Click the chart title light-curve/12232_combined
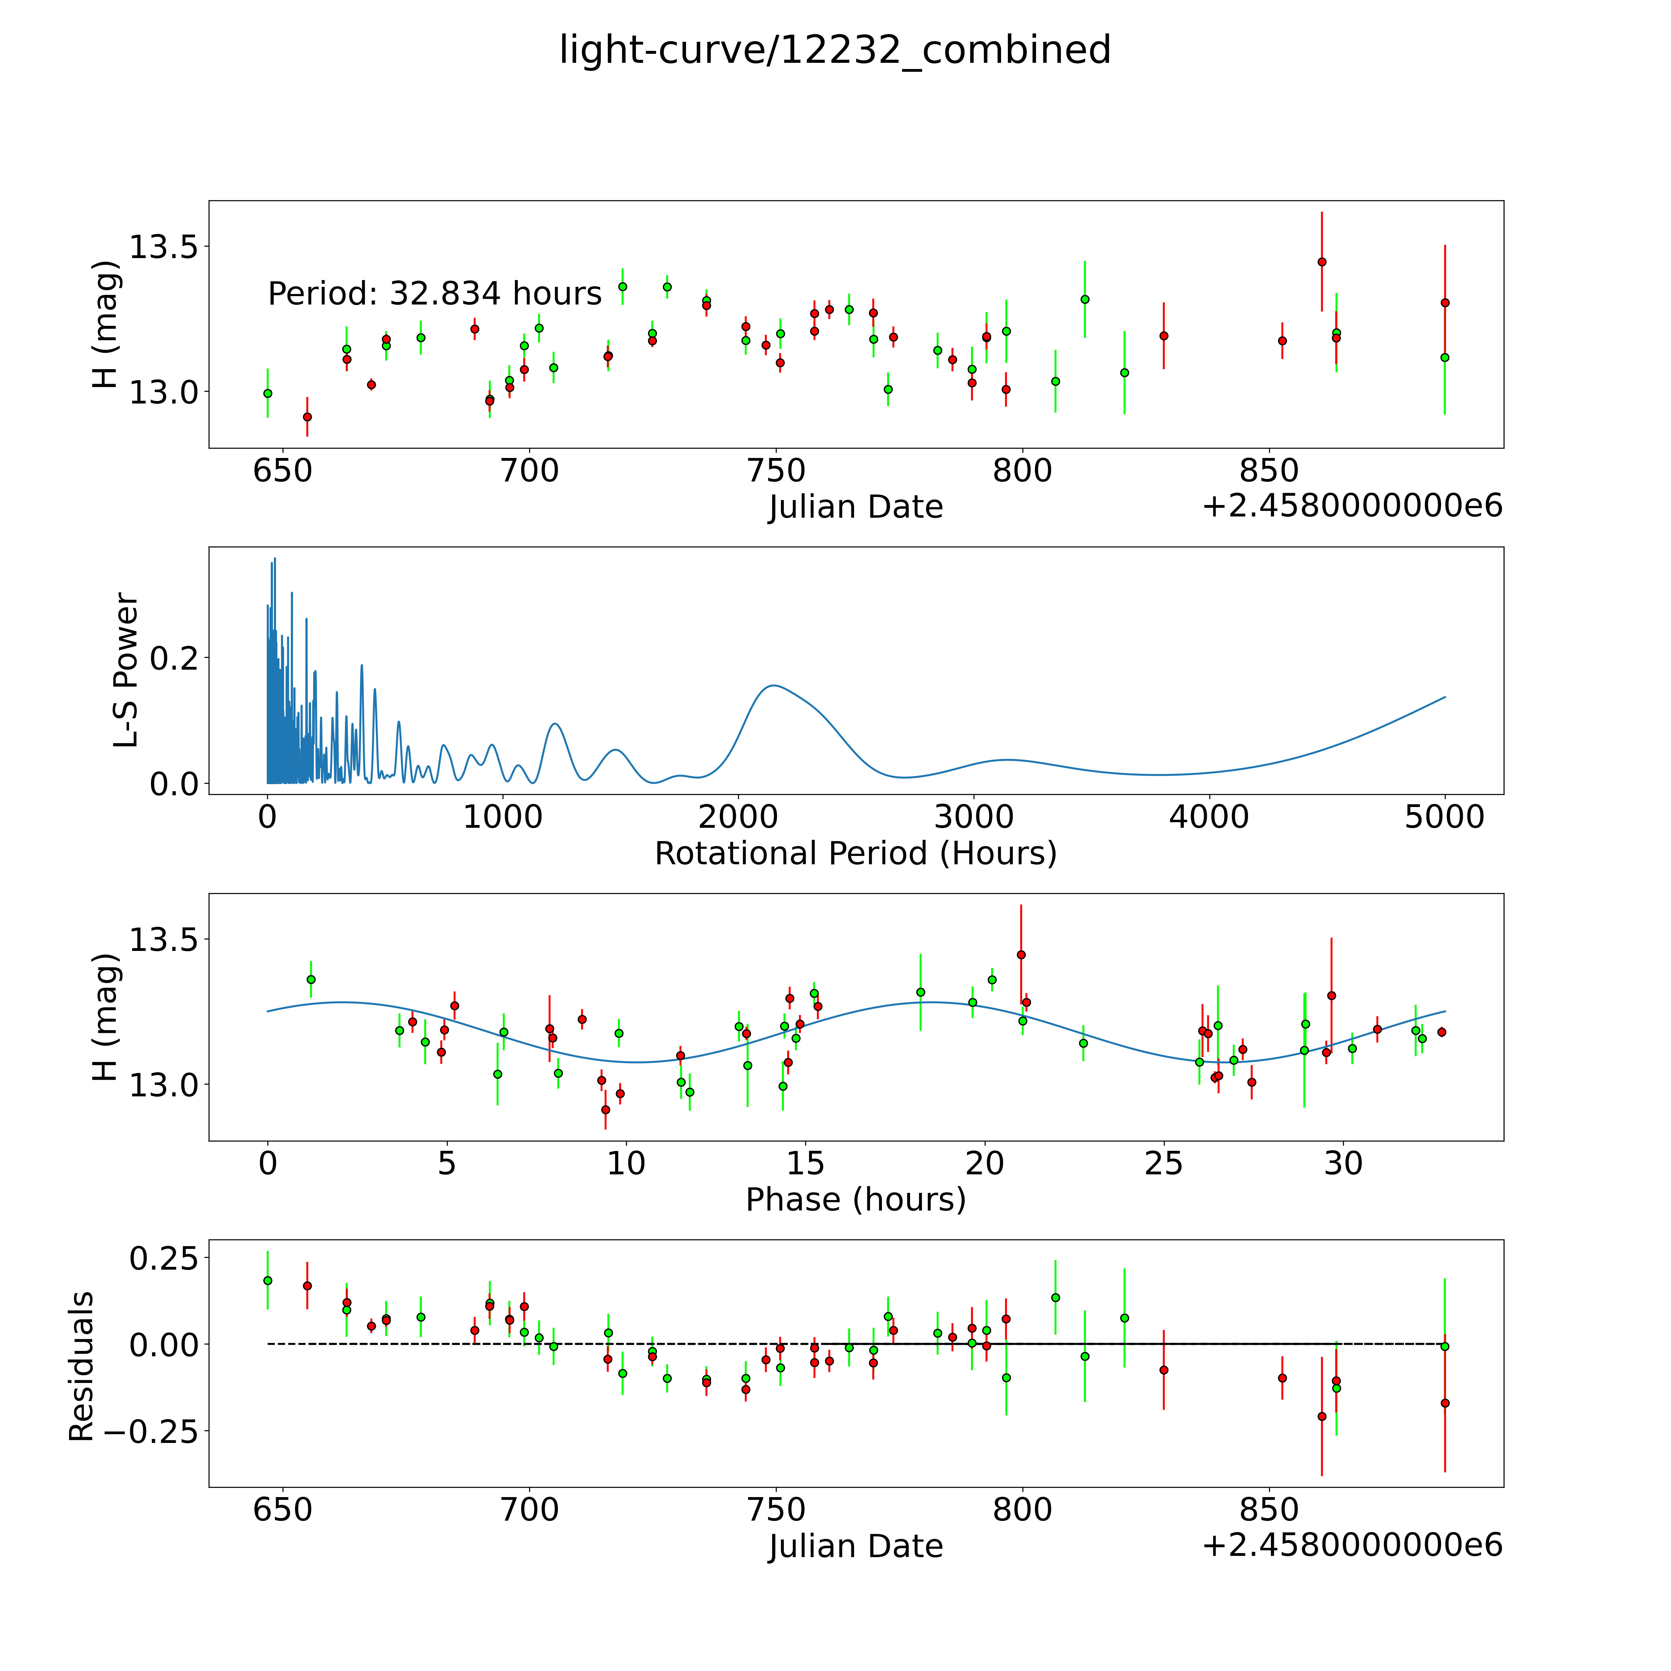click(x=835, y=50)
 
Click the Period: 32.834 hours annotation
click(x=434, y=294)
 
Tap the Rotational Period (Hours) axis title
click(x=855, y=854)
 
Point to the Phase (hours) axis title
click(x=855, y=1200)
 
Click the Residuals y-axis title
click(x=80, y=1367)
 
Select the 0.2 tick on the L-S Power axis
click(x=173, y=658)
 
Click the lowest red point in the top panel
click(x=307, y=417)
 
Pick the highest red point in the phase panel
click(x=1021, y=955)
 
